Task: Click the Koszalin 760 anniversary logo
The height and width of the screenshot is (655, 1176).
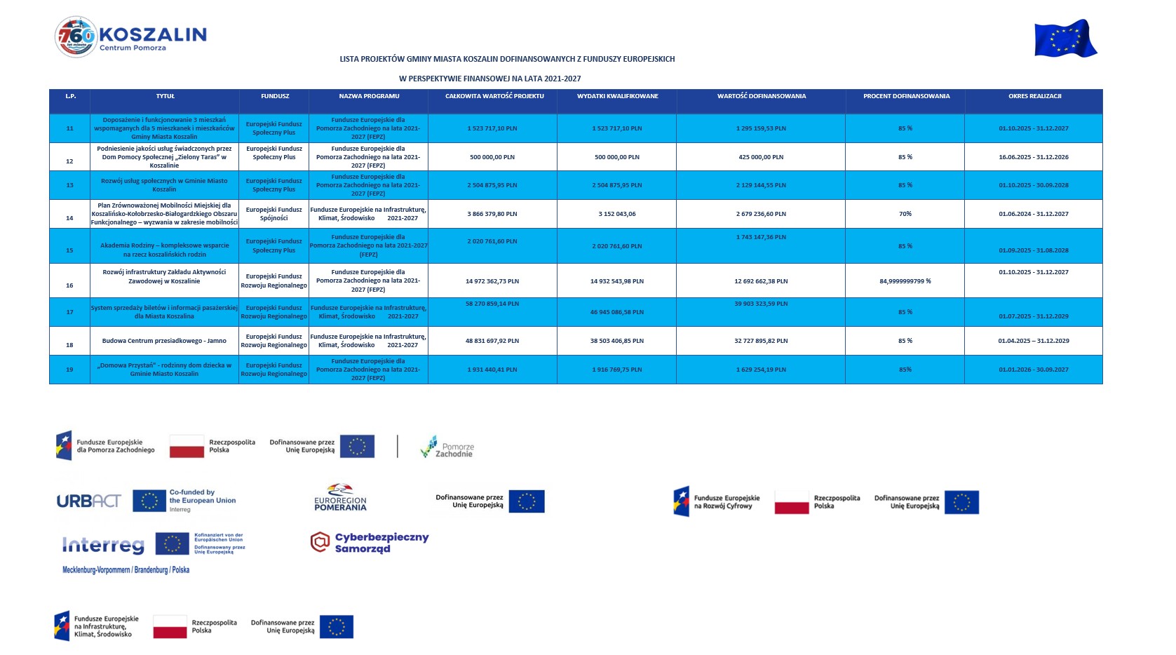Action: (x=76, y=36)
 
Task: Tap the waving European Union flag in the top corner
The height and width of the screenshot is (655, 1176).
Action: (x=1065, y=39)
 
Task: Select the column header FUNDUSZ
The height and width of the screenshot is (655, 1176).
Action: (x=274, y=96)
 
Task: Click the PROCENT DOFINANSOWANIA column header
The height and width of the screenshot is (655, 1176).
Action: (x=906, y=96)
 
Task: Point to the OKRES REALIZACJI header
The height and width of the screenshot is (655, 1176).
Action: (x=1034, y=96)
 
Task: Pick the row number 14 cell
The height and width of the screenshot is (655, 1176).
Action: (x=69, y=218)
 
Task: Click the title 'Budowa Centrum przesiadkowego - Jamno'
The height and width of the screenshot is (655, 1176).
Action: (x=164, y=341)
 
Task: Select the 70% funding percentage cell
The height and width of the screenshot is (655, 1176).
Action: (x=905, y=214)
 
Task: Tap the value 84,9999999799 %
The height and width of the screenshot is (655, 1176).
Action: (x=905, y=281)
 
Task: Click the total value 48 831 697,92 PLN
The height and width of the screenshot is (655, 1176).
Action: (x=492, y=341)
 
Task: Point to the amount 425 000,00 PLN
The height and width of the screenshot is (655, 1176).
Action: (x=761, y=157)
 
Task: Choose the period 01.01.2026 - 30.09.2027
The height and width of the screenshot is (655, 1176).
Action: (x=1034, y=370)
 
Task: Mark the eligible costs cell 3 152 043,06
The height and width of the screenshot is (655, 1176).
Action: (x=617, y=214)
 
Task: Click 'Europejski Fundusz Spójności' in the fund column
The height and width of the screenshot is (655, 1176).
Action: (x=274, y=214)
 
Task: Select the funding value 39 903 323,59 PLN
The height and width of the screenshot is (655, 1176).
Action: (x=761, y=304)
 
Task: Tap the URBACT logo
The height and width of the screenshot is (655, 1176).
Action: (x=89, y=501)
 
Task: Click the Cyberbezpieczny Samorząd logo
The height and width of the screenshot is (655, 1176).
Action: (x=370, y=542)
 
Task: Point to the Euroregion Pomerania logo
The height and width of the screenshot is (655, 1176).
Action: (x=340, y=498)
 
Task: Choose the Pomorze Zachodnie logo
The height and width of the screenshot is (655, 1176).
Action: (x=447, y=447)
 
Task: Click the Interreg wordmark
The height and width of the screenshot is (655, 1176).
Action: (x=103, y=545)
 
